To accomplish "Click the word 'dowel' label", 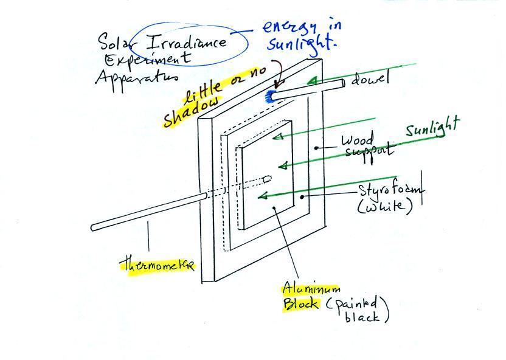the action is pos(370,78).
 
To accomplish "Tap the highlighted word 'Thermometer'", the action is pos(157,264).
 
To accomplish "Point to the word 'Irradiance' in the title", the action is pos(187,42).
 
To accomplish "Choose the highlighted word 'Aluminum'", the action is pos(311,288).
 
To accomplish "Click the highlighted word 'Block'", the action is pos(300,303).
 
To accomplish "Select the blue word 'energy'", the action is pos(289,29).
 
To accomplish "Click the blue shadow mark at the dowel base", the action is pos(269,97).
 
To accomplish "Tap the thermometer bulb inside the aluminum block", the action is pos(267,178).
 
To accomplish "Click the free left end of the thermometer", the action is pos(93,228).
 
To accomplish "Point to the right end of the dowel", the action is pos(343,83).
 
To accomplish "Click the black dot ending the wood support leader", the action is pos(317,148).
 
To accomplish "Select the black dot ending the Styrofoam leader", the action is pos(302,196).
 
